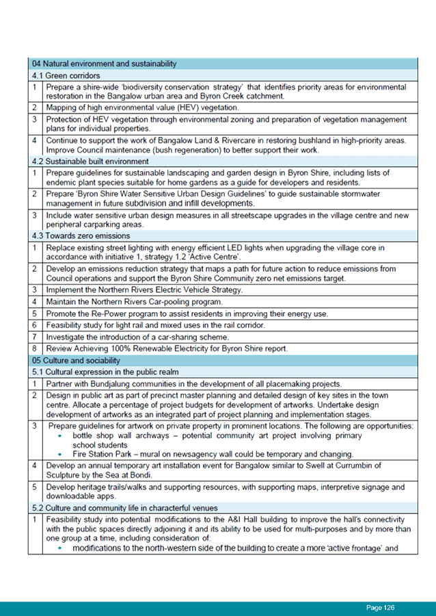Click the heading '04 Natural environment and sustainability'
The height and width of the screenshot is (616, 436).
pos(104,64)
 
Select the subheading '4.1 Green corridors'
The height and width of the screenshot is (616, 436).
pos(66,75)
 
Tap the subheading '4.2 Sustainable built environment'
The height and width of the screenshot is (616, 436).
pos(90,161)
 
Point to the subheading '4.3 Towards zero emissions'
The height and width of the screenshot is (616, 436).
pos(81,235)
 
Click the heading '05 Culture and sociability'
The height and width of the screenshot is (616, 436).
pos(76,360)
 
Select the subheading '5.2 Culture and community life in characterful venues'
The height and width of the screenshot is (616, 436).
pos(124,509)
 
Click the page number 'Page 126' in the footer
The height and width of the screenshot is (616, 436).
pos(381,608)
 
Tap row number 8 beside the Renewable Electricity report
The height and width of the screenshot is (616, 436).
pos(33,349)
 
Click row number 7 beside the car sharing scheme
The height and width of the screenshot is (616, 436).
pos(33,337)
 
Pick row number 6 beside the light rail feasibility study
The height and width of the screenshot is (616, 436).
pos(33,326)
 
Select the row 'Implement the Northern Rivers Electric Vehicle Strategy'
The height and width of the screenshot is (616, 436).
pos(144,290)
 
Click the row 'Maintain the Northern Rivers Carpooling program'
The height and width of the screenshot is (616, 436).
pos(144,302)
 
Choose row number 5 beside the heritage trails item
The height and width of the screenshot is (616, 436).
pos(33,487)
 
